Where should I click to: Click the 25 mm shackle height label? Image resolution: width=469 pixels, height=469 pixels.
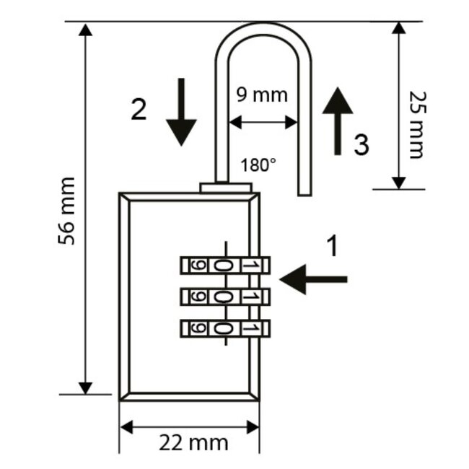pos(416,124)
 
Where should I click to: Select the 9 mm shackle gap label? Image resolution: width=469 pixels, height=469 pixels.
pos(262,95)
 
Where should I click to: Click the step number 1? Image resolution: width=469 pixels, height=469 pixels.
pos(332,247)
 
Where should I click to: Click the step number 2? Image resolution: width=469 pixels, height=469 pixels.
pos(139,109)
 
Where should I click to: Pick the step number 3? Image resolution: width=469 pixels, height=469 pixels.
pos(361,146)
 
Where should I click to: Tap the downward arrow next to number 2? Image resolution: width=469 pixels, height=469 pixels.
pos(181,113)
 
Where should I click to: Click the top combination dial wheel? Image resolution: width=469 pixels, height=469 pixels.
pos(224,266)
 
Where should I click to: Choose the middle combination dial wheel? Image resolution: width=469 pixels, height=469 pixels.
pos(224,297)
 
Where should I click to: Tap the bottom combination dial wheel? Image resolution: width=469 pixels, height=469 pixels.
pos(224,328)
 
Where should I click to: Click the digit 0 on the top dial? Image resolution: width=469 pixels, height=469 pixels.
pos(223,266)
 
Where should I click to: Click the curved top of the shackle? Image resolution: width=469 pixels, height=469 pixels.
pos(263,29)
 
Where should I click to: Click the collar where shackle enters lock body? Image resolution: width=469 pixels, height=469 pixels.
pos(226,187)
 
